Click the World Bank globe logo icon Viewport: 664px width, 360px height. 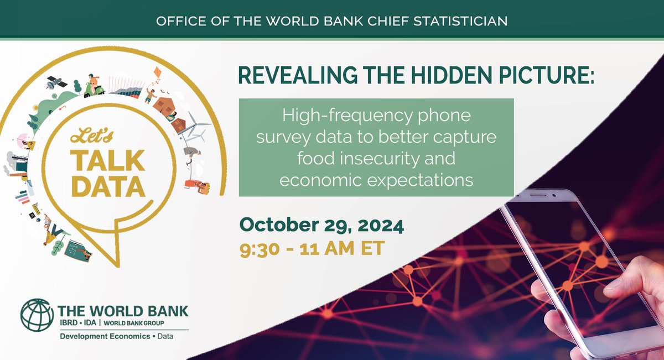(x=37, y=316)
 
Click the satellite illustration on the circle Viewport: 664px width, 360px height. (x=56, y=83)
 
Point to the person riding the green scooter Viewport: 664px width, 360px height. (x=94, y=86)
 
